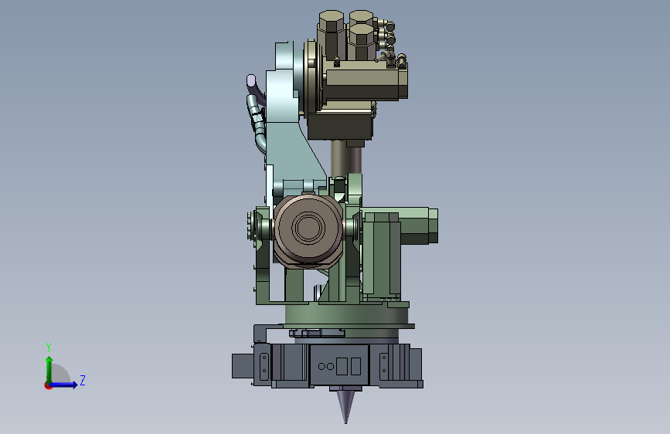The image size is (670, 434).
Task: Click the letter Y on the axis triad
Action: point(49,347)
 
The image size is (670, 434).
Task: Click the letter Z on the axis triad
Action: point(83,380)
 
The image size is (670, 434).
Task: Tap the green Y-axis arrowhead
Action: point(49,361)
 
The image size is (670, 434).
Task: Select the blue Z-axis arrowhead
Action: point(74,385)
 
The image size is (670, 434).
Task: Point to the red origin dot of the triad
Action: point(48,385)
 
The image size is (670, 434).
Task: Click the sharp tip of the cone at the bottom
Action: point(345,422)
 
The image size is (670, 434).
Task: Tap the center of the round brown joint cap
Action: point(308,227)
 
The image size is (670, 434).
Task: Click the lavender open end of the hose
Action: point(251,80)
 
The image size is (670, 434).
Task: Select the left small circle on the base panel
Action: point(321,366)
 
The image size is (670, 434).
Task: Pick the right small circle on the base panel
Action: point(330,366)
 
